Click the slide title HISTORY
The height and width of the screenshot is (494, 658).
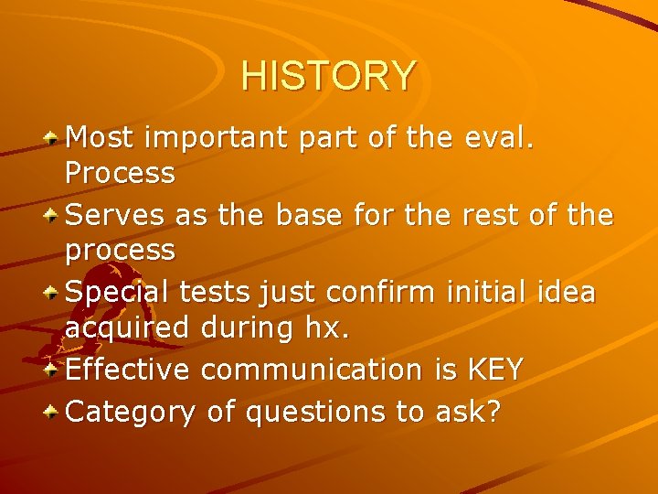click(x=328, y=75)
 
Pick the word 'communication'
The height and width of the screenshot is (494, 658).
click(x=311, y=370)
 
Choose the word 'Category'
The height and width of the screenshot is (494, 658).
click(x=131, y=413)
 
